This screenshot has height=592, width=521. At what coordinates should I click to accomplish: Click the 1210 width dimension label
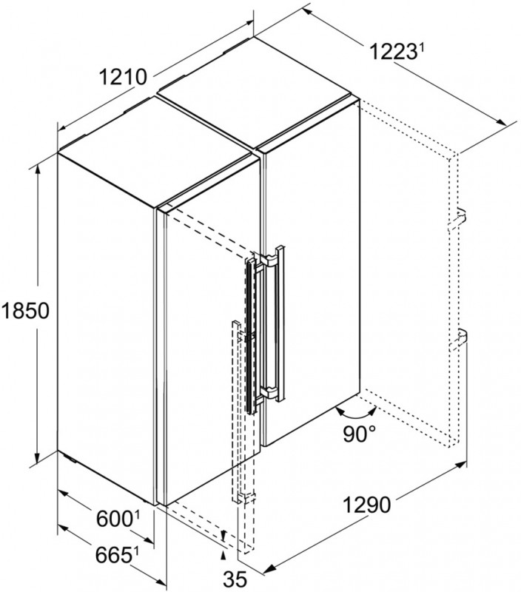[122, 78]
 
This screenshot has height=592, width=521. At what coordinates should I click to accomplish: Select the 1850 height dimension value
[25, 311]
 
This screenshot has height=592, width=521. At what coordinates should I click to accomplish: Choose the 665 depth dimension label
[113, 555]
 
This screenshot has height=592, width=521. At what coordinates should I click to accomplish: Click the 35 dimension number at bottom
[235, 579]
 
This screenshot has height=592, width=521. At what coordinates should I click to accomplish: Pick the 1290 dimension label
[367, 505]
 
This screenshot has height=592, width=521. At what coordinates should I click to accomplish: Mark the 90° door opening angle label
[360, 434]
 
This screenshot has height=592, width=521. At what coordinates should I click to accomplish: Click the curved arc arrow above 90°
[357, 414]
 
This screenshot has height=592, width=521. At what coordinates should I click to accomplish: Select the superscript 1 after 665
[136, 551]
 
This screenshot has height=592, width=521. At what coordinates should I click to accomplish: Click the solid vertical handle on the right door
[280, 323]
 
